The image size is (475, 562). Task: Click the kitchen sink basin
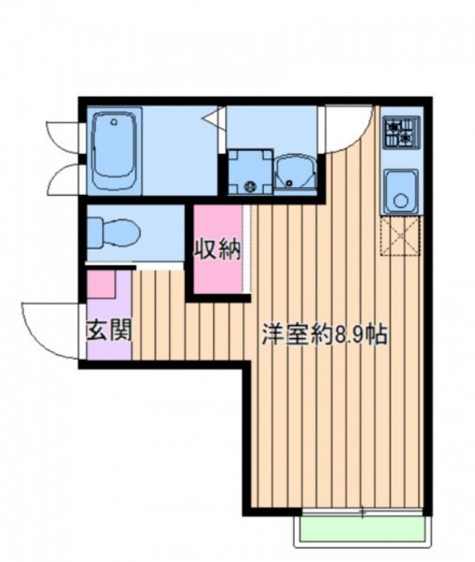[400, 191]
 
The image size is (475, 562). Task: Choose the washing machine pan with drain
[249, 172]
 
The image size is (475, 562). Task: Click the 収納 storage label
[217, 250]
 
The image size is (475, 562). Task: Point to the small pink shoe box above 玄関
[100, 285]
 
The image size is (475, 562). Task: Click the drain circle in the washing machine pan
[249, 184]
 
